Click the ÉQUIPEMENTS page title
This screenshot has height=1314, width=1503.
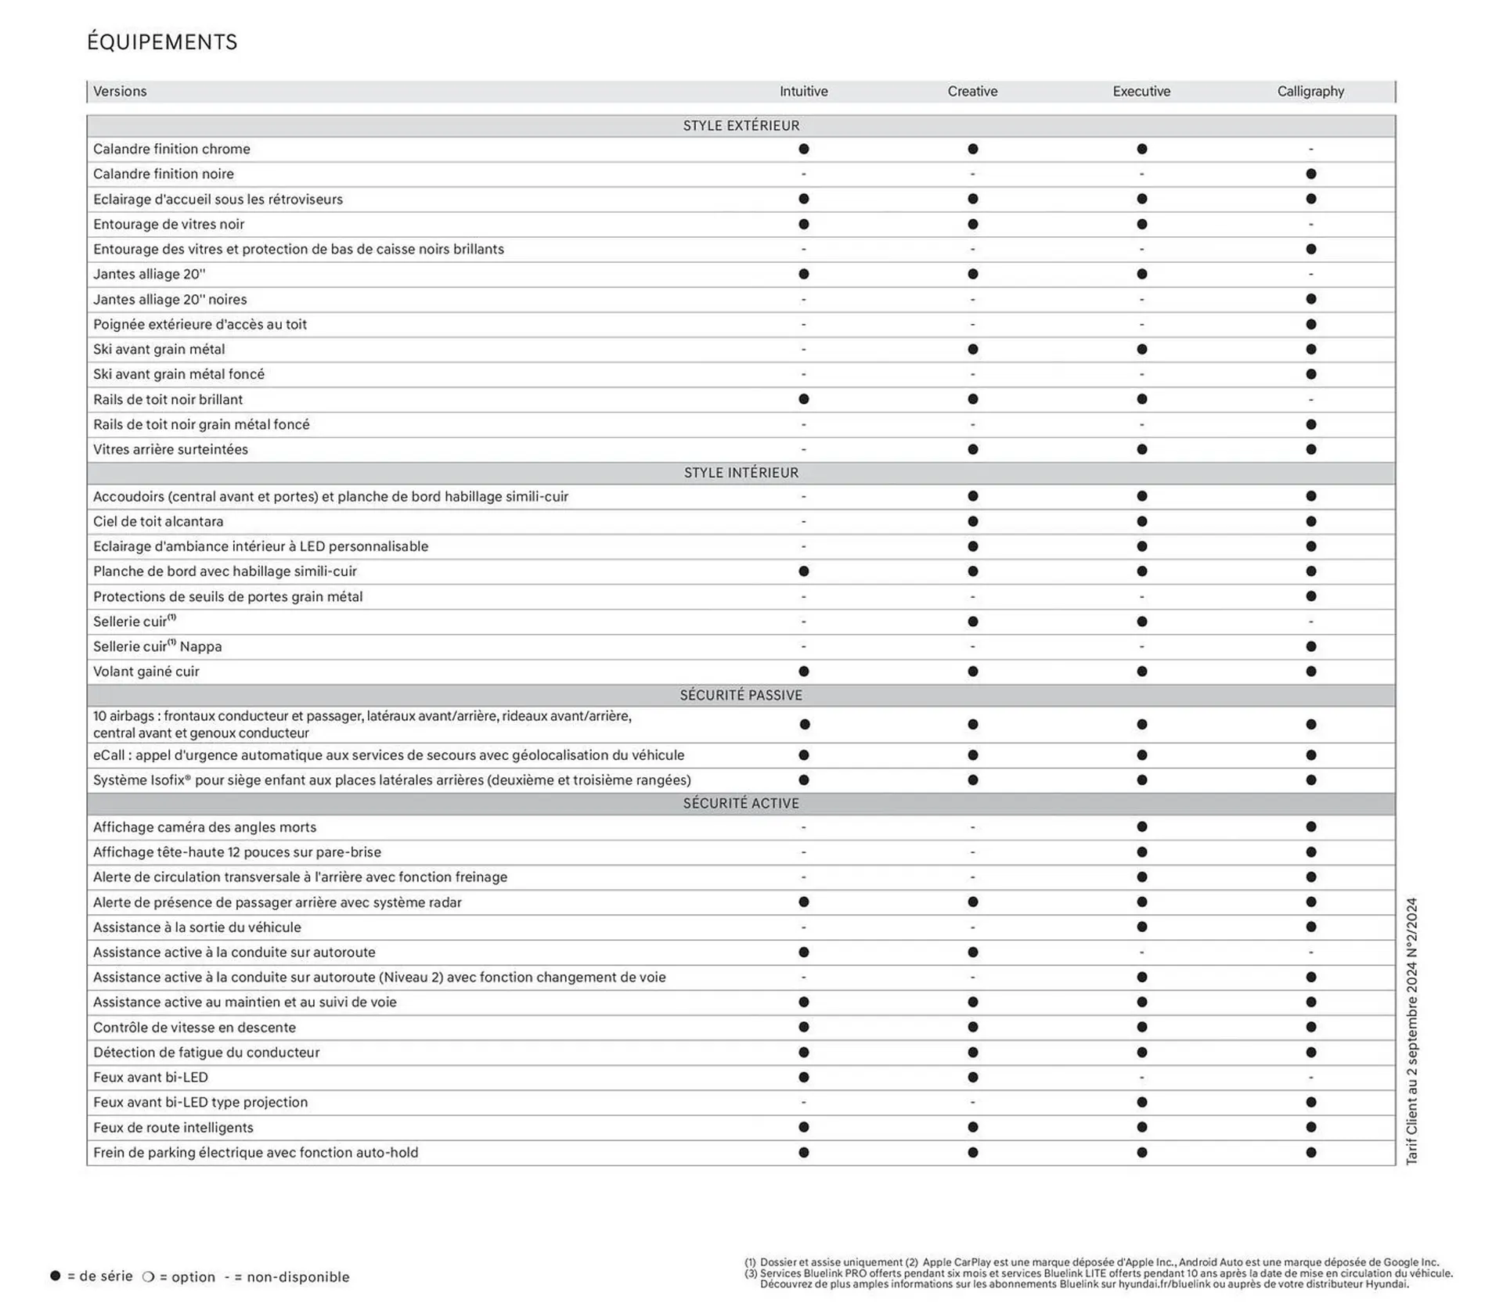click(x=162, y=42)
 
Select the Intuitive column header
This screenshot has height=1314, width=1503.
click(x=803, y=92)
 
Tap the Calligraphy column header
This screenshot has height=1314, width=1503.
click(x=1310, y=92)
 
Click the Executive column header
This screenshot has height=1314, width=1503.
click(x=1141, y=92)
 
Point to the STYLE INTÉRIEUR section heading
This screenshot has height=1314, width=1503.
click(x=741, y=473)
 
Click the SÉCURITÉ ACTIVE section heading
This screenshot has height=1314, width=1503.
click(x=741, y=803)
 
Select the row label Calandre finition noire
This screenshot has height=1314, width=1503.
click(x=163, y=174)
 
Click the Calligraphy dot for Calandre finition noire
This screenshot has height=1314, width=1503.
click(x=1310, y=174)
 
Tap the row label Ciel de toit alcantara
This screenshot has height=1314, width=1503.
click(x=158, y=521)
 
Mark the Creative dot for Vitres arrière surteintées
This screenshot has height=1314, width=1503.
click(x=972, y=449)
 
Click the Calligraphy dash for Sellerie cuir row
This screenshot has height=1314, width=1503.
click(x=1310, y=621)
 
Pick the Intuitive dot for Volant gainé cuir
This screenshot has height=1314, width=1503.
click(x=803, y=671)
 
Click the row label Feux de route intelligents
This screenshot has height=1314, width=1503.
click(x=173, y=1127)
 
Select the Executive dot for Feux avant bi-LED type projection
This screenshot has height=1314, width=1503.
click(x=1141, y=1102)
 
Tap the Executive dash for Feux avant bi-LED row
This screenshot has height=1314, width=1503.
click(x=1141, y=1077)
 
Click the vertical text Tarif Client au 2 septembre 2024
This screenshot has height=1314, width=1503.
click(x=1411, y=1031)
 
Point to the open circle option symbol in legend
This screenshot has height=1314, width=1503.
click(x=148, y=1276)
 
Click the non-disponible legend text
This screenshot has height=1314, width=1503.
click(x=297, y=1277)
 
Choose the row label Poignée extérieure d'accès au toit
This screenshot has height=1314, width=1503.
click(x=200, y=324)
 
